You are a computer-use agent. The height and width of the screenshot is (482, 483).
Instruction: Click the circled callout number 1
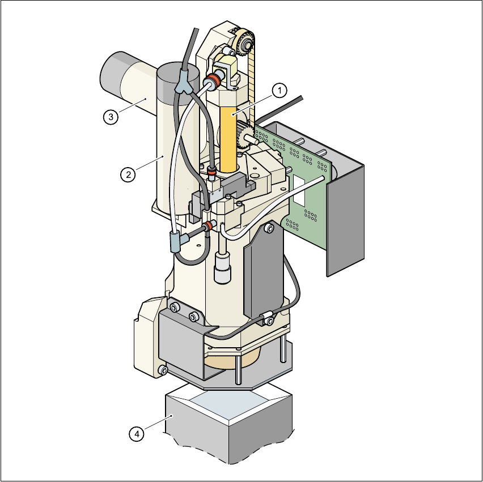point(279,91)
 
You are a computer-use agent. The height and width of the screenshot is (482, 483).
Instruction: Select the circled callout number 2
point(128,174)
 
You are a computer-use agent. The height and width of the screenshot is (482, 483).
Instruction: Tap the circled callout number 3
point(111,117)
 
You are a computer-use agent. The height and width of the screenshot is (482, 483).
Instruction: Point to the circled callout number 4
point(137,434)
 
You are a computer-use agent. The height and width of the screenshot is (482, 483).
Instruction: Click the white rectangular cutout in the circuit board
point(299,190)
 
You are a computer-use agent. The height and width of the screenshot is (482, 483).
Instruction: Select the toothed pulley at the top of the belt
point(245,43)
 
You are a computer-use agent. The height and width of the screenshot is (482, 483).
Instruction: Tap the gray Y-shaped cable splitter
point(184,83)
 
